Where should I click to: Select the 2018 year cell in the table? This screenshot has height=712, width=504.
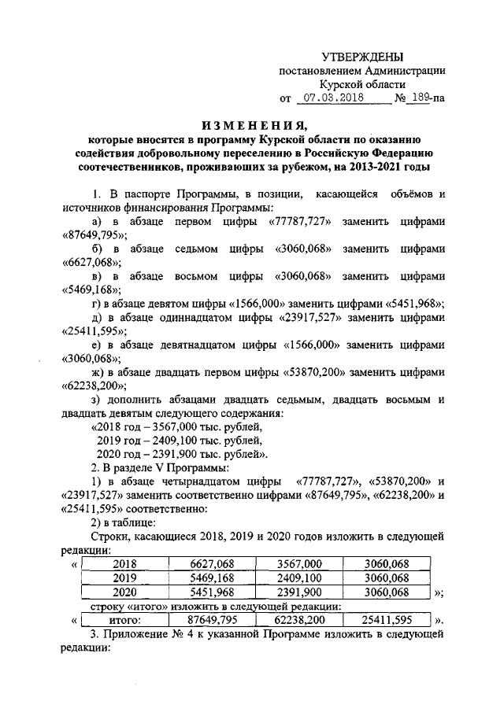[x=125, y=563]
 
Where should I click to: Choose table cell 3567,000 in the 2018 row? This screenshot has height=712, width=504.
[x=300, y=563]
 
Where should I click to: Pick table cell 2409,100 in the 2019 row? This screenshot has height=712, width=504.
[x=300, y=577]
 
